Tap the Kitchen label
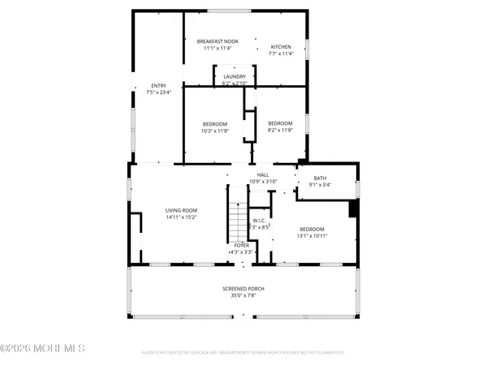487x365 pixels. tap(280, 47)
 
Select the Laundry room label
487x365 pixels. tap(235, 76)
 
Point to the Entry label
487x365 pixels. tap(157, 86)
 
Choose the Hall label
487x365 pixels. tap(263, 174)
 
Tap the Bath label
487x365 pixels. tap(320, 178)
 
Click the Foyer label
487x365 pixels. tap(242, 245)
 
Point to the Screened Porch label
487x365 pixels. tap(243, 289)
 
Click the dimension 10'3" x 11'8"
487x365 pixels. tap(215, 130)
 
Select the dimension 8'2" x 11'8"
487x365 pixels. tap(279, 130)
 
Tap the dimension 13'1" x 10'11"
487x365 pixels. tap(312, 236)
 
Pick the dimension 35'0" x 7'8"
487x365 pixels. tap(243, 296)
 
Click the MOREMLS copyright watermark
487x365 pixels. tap(42, 349)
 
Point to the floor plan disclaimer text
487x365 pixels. tap(243, 353)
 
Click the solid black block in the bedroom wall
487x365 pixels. tap(354, 209)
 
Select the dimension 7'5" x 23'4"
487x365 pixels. tap(157, 93)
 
